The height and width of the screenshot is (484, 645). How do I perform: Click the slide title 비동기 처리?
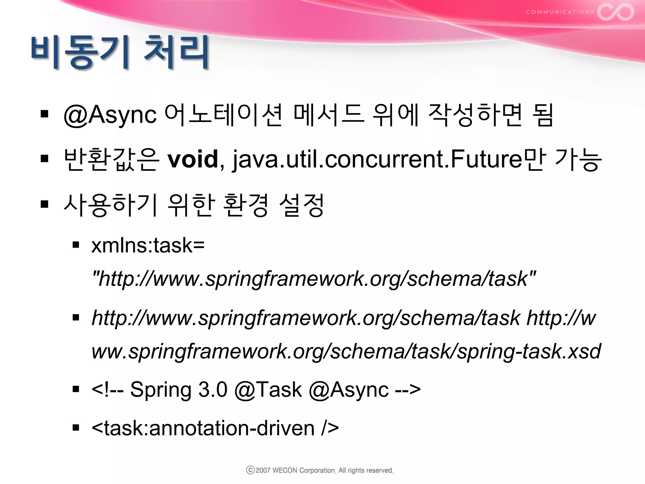point(120,52)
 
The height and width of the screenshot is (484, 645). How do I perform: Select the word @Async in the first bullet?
point(110,115)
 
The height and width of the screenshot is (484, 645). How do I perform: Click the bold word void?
point(193,159)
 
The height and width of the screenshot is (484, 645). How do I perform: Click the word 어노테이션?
point(223,115)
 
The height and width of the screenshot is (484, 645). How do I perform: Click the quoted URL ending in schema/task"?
point(314,279)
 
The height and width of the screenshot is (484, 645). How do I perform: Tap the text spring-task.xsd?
point(529,351)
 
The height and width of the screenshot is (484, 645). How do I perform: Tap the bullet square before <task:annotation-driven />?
point(76,428)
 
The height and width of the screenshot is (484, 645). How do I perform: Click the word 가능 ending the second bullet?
point(578,159)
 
